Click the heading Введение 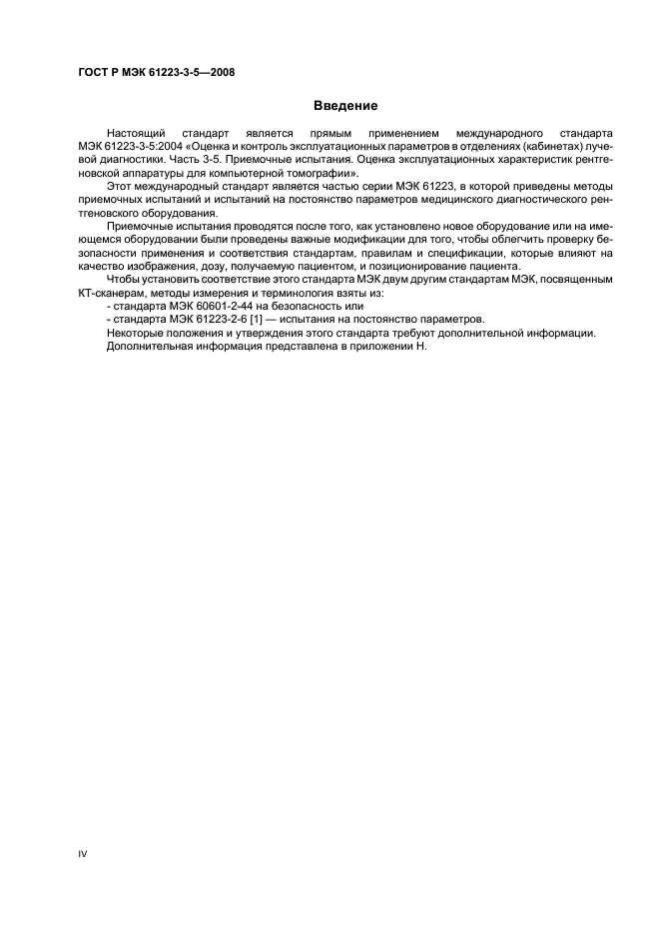click(344, 105)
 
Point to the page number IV click(83, 854)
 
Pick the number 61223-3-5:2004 click(140, 147)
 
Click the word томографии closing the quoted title click(320, 174)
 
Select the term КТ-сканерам click(107, 294)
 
